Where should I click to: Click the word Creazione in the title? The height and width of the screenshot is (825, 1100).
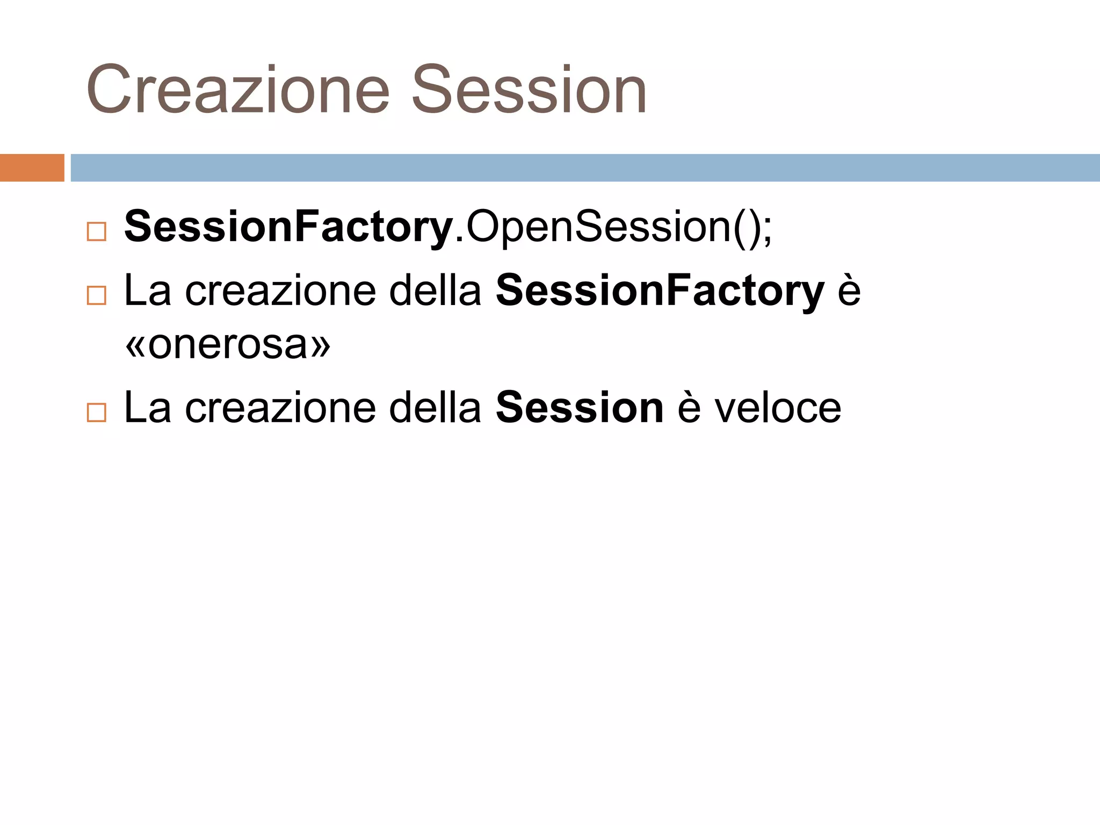point(237,90)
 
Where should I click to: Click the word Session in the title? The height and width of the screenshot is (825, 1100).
point(529,90)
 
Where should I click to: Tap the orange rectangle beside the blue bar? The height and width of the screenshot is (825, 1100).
point(32,168)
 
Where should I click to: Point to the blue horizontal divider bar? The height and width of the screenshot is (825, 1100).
point(585,168)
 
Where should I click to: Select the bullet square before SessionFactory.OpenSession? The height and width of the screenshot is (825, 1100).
point(97,232)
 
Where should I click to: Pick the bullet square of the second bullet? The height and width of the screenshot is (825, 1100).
point(97,295)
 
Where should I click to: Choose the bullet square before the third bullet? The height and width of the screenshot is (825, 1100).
point(97,412)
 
